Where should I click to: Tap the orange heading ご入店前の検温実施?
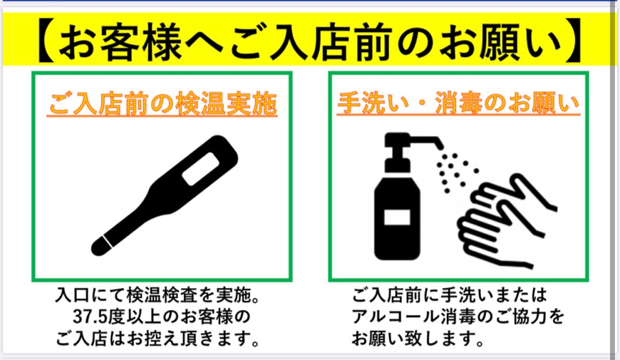(162, 103)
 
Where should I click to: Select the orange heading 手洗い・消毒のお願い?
(458, 103)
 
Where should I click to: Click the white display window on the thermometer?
(200, 168)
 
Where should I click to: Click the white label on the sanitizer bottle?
(397, 217)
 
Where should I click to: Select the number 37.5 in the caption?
(88, 317)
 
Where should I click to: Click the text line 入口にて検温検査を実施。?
(157, 296)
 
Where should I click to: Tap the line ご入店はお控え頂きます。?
(157, 338)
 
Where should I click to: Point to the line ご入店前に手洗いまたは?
(449, 295)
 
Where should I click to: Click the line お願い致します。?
(418, 338)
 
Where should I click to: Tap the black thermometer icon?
(165, 195)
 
